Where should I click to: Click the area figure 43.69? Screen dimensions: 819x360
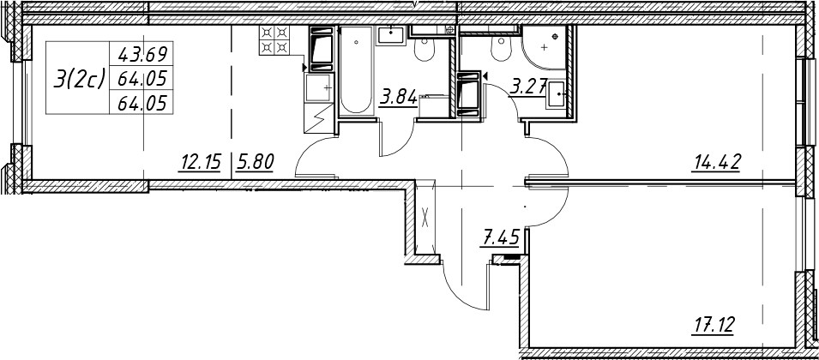pyautogui.click(x=142, y=54)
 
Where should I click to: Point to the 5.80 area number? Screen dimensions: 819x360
pyautogui.click(x=255, y=163)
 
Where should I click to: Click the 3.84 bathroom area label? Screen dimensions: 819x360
pyautogui.click(x=399, y=98)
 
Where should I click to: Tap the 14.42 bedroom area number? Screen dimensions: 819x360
pyautogui.click(x=716, y=163)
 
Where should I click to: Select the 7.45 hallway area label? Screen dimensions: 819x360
pyautogui.click(x=500, y=238)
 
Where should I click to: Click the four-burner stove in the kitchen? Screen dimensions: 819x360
pyautogui.click(x=274, y=40)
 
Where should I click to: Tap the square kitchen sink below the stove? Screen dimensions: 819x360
pyautogui.click(x=318, y=87)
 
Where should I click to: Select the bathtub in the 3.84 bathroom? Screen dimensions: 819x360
pyautogui.click(x=356, y=70)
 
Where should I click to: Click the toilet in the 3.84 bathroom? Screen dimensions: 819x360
pyautogui.click(x=423, y=48)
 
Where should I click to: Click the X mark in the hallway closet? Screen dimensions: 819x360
pyautogui.click(x=425, y=217)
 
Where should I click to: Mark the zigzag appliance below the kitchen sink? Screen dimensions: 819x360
pyautogui.click(x=318, y=118)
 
